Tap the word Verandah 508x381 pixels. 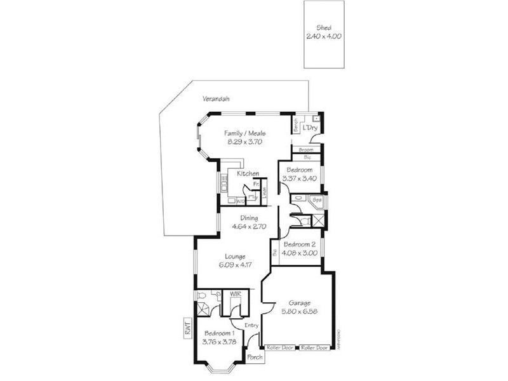pos(215,99)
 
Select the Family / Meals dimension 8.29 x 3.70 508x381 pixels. pos(244,142)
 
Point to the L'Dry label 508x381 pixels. pos(310,128)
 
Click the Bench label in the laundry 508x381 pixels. pos(296,126)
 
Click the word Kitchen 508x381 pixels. pos(247,173)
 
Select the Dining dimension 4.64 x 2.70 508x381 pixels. pos(248,226)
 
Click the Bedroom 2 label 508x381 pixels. pos(299,244)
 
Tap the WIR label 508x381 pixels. pos(235,294)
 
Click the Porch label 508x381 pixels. pos(255,357)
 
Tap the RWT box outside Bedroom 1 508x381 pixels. pos(187,328)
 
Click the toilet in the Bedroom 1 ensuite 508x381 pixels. pos(201,295)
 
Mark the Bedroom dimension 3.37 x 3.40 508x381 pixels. pos(298,178)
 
